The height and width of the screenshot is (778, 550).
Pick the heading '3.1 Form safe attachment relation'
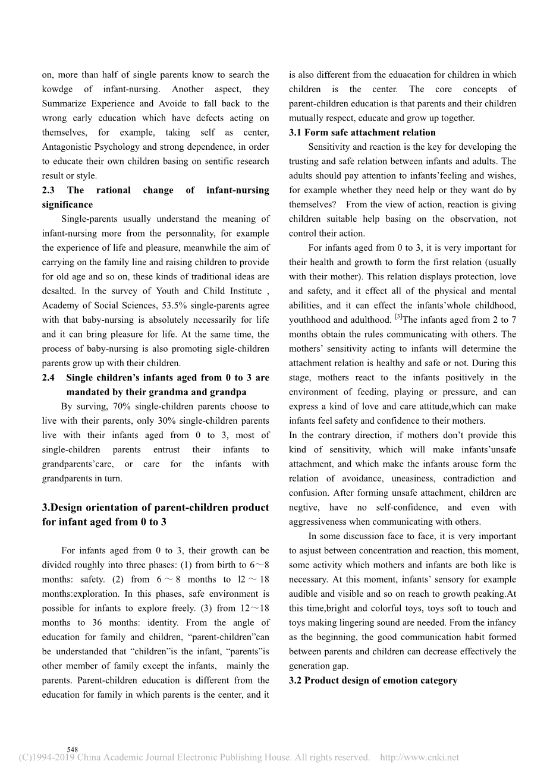(x=362, y=133)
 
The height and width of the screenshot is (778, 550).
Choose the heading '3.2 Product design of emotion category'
(x=373, y=681)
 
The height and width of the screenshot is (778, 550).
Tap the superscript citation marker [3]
(x=398, y=317)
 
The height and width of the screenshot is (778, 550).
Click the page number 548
(x=73, y=749)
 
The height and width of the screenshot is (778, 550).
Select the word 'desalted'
(x=58, y=291)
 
